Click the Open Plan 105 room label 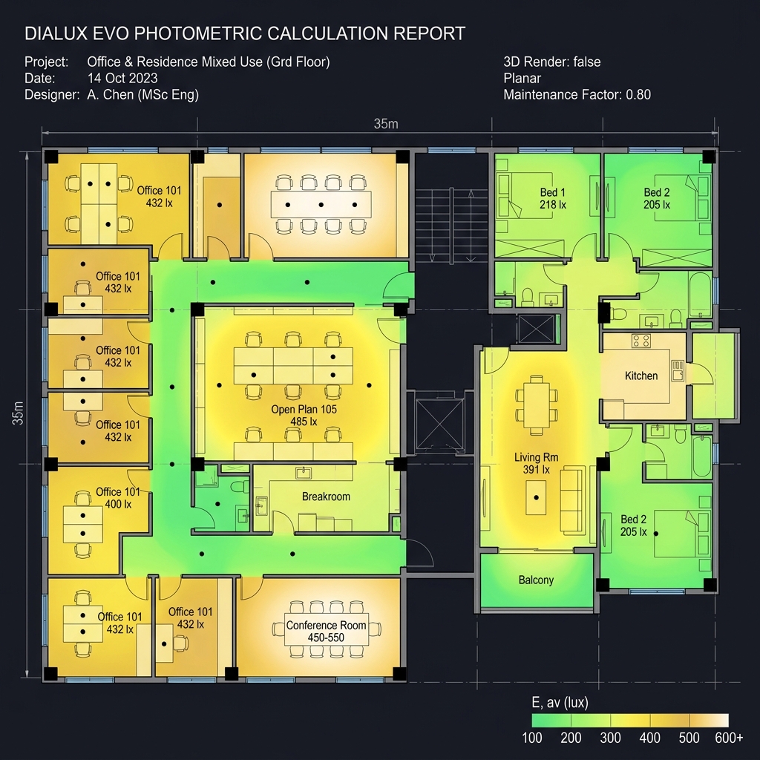304,416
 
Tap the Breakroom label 326,497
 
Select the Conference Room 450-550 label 327,631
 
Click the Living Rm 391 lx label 536,463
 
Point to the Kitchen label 641,376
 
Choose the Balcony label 536,580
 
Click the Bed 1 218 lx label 552,198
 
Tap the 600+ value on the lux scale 729,738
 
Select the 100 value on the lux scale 531,738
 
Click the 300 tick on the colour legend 610,738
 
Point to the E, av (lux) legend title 560,702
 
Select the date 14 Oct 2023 122,78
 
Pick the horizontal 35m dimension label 386,124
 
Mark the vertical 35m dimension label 18,413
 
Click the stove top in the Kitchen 641,341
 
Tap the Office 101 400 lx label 118,498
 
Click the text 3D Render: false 552,62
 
